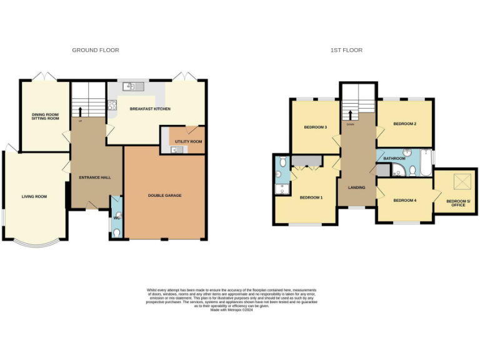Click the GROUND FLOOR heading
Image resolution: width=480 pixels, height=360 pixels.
pyautogui.click(x=96, y=50)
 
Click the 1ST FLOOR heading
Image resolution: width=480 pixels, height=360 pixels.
pyautogui.click(x=346, y=50)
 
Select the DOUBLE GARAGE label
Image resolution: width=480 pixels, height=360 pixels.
pyautogui.click(x=164, y=196)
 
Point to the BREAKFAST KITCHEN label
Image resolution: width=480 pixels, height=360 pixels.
pyautogui.click(x=150, y=109)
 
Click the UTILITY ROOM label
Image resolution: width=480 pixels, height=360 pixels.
pyautogui.click(x=188, y=142)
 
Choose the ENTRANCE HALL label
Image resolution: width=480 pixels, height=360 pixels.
pyautogui.click(x=95, y=177)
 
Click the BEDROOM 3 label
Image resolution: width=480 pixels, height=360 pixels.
pyautogui.click(x=316, y=127)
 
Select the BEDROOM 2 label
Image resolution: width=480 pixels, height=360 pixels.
pyautogui.click(x=404, y=124)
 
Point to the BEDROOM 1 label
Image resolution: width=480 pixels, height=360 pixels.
pyautogui.click(x=311, y=197)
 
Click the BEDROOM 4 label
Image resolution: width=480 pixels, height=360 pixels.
pyautogui.click(x=404, y=201)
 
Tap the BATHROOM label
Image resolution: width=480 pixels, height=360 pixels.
pyautogui.click(x=394, y=159)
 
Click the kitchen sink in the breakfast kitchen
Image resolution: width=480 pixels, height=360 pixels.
pyautogui.click(x=133, y=86)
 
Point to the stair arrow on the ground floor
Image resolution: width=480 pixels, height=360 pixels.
pyautogui.click(x=80, y=111)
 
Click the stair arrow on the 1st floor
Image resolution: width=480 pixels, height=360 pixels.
pyautogui.click(x=350, y=116)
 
